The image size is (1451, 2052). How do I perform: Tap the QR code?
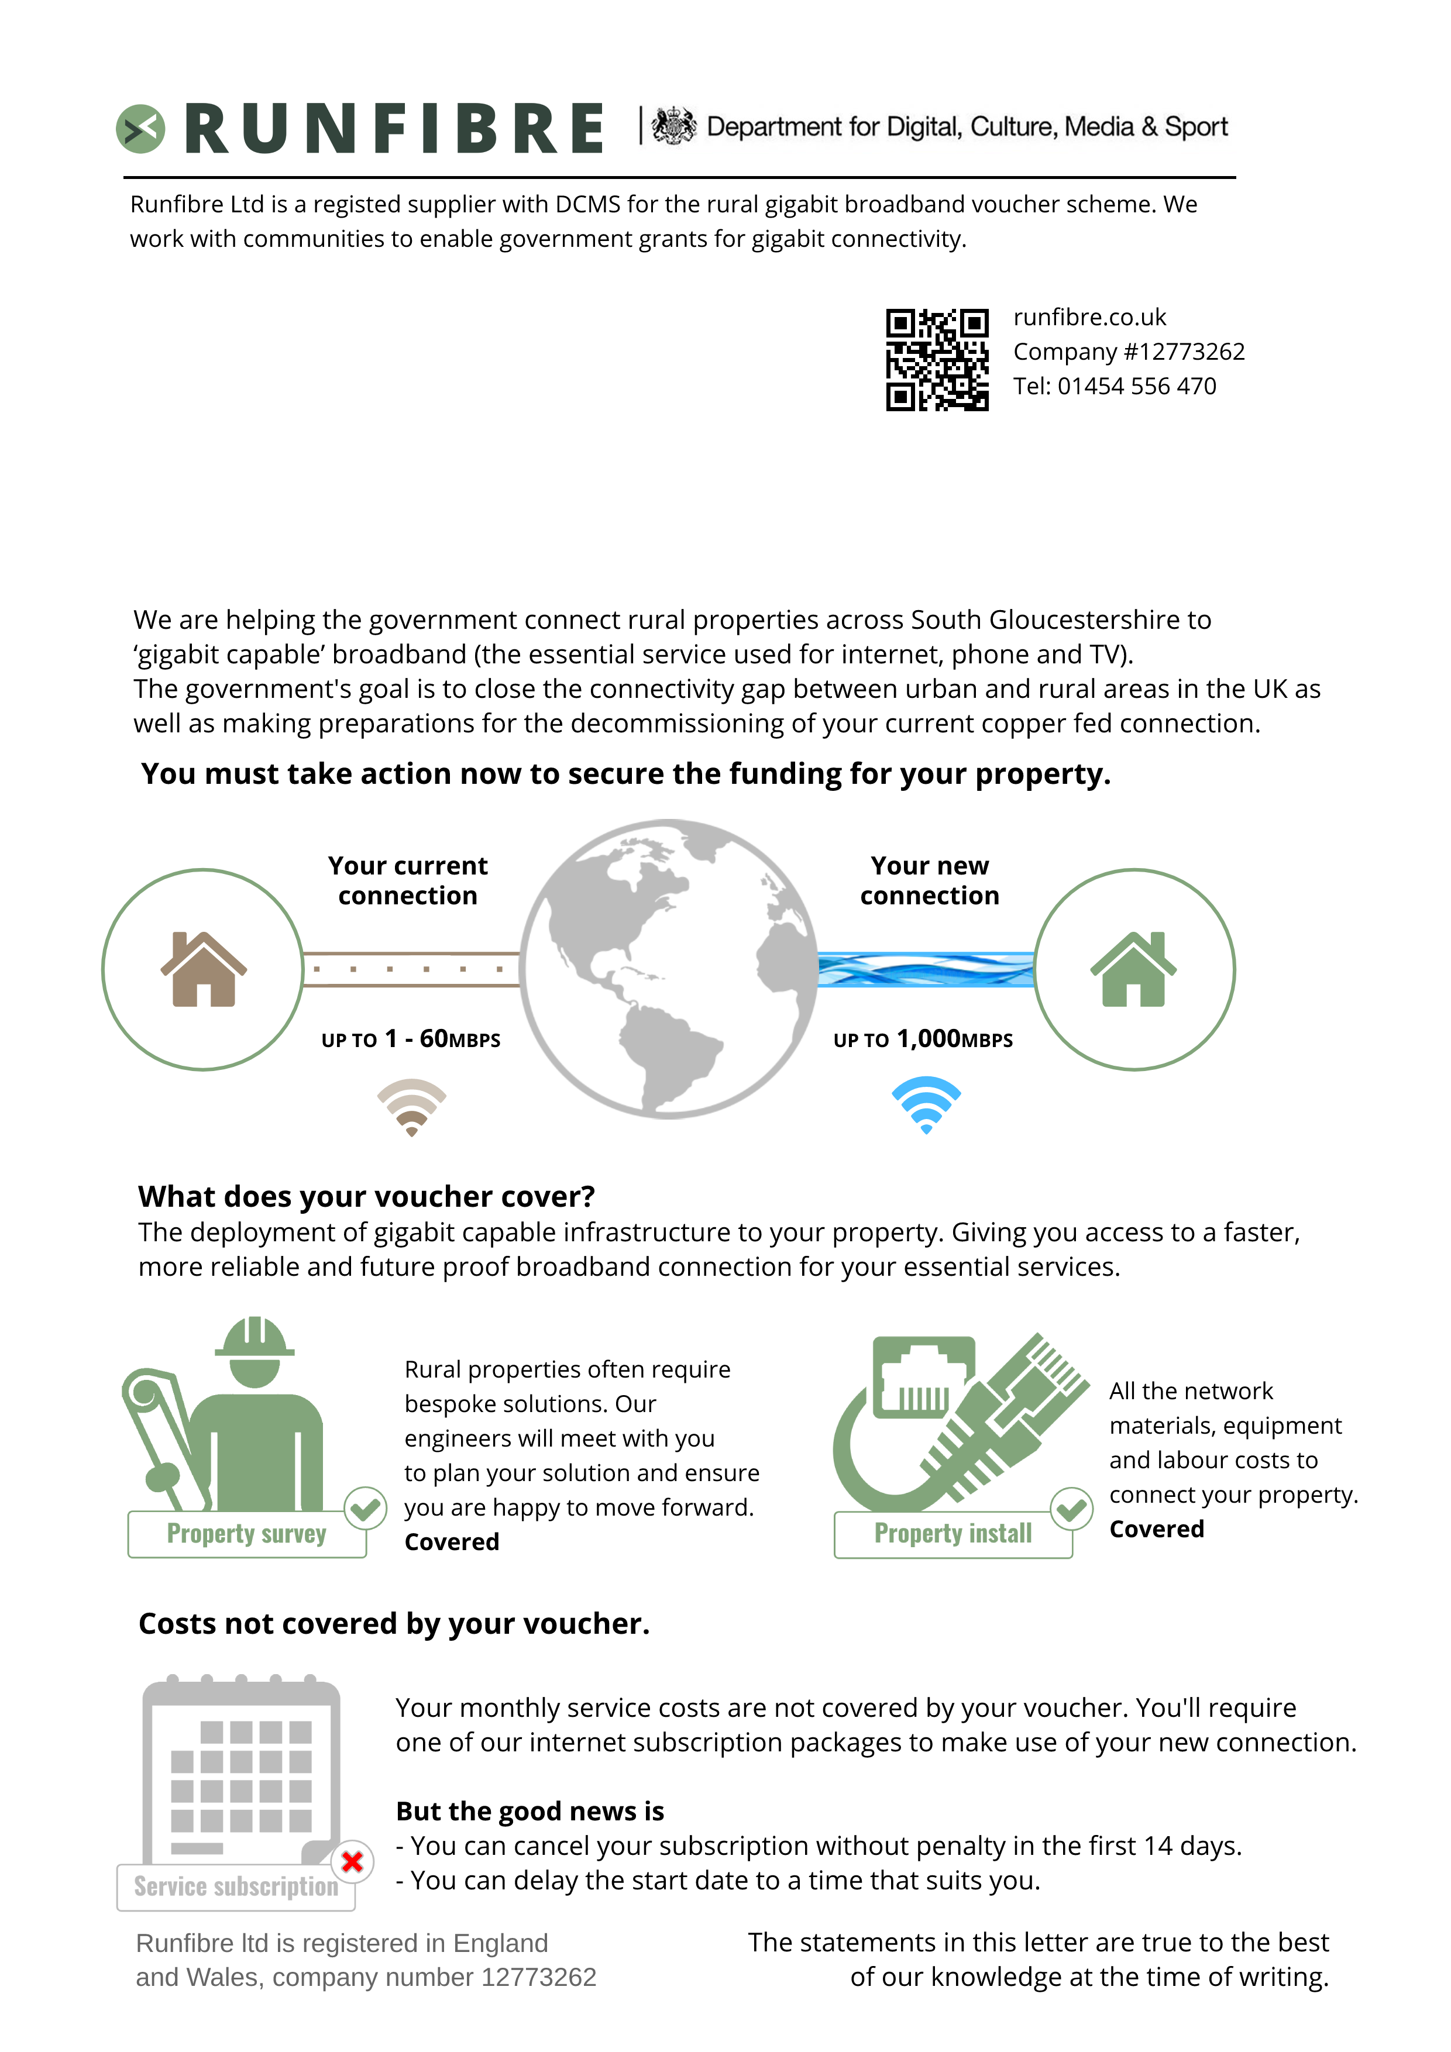point(937,359)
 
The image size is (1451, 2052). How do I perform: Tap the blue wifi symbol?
point(926,1104)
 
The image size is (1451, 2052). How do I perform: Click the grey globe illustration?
point(669,969)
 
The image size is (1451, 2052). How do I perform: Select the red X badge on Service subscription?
point(352,1862)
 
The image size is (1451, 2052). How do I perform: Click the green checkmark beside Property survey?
point(365,1510)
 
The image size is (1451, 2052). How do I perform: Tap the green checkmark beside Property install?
point(1071,1510)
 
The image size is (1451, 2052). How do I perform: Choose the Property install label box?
point(953,1534)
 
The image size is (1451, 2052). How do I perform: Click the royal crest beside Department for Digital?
point(673,126)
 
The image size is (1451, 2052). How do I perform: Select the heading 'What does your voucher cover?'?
point(366,1196)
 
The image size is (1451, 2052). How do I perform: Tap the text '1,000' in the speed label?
point(929,1038)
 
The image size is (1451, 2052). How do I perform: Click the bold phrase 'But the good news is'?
point(530,1810)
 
